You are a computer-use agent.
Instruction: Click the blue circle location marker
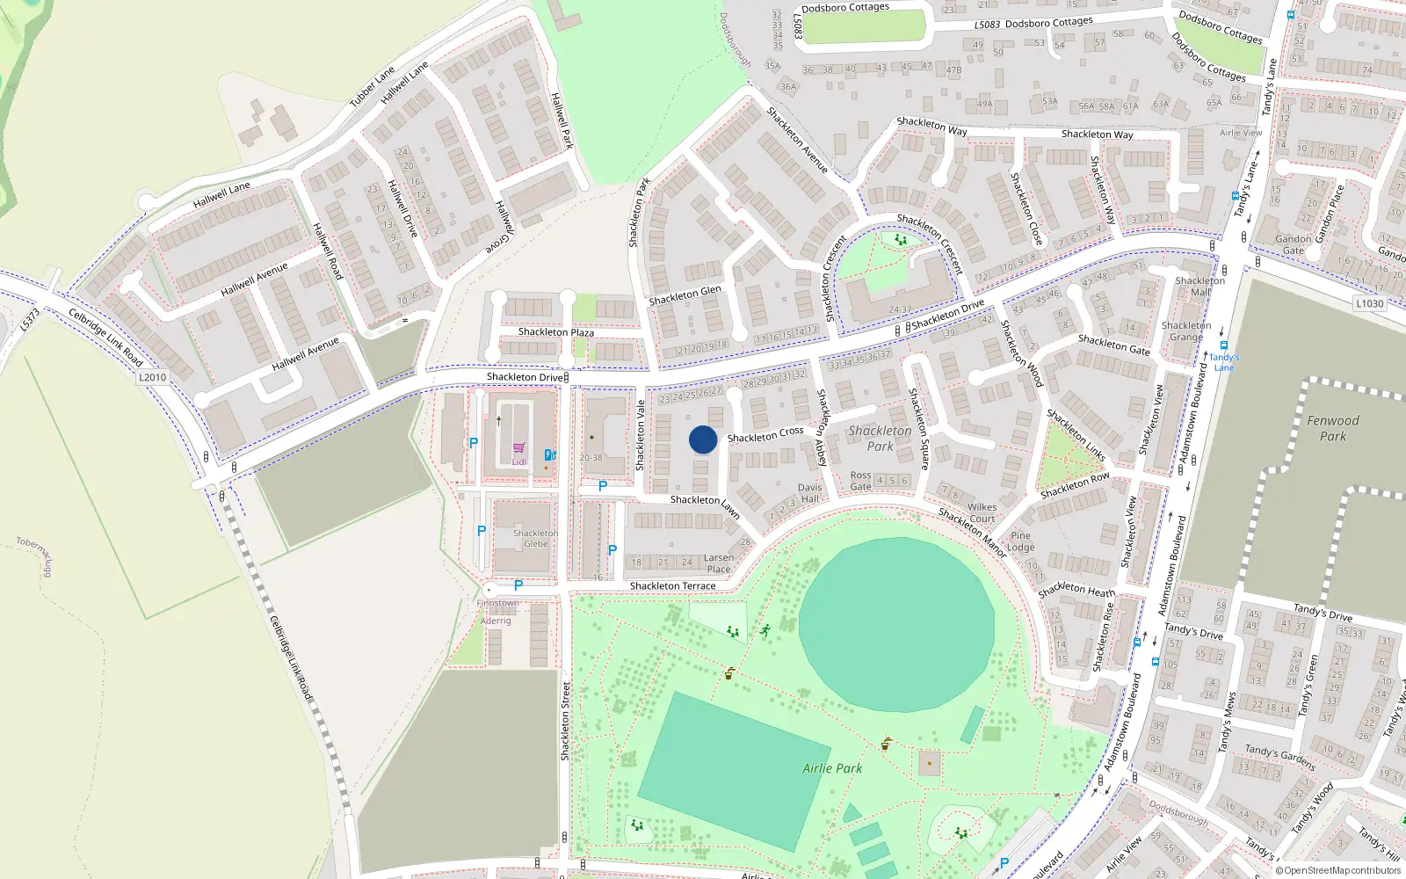point(703,439)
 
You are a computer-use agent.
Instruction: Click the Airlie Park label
point(832,768)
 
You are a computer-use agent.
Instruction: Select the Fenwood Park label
point(1332,428)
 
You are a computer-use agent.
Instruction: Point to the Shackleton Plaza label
point(555,332)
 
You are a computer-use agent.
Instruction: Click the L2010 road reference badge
point(152,377)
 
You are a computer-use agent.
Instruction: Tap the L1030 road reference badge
point(1369,303)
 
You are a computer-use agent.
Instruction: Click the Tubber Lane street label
point(373,87)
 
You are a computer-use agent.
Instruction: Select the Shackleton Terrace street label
point(672,586)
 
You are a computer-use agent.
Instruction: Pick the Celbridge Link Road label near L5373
point(105,338)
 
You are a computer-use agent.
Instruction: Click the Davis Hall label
point(810,493)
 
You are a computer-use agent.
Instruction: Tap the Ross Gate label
point(861,481)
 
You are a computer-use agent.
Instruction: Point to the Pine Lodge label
point(1020,541)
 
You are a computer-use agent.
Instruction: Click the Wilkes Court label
point(982,512)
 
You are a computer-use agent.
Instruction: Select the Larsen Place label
point(718,563)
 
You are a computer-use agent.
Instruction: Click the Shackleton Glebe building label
point(535,539)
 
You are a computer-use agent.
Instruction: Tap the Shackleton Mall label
point(1199,287)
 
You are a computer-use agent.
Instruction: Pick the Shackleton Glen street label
point(685,296)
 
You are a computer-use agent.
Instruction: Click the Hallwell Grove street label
point(503,227)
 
